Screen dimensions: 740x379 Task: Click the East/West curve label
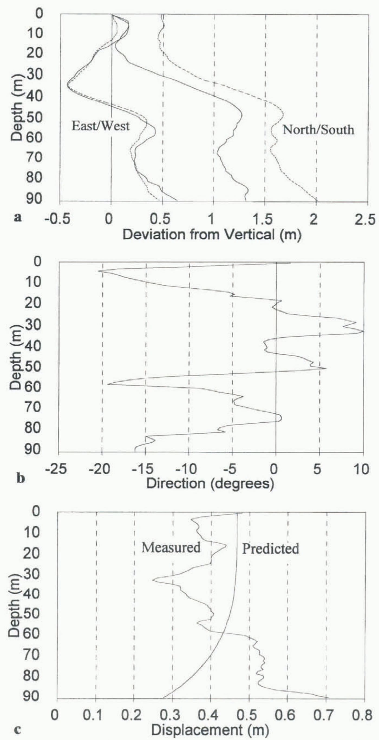100,126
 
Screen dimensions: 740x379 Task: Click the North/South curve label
318,130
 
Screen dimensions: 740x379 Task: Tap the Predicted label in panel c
270,549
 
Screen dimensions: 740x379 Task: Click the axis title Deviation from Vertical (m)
212,235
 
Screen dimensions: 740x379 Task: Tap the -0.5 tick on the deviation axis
57,220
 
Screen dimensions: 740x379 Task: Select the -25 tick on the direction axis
57,469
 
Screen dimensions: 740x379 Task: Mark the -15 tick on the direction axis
145,469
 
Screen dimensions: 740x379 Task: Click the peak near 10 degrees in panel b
363,331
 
